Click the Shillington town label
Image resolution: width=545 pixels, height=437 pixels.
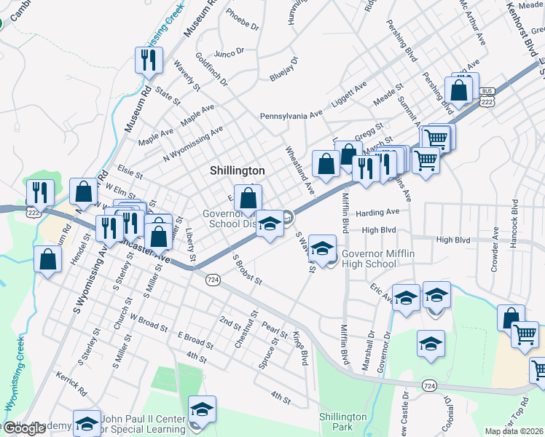pos(237,170)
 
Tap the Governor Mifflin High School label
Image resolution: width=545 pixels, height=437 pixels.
pos(369,259)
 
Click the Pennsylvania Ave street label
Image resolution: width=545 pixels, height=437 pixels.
pos(291,115)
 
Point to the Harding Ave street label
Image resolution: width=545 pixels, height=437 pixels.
pos(378,212)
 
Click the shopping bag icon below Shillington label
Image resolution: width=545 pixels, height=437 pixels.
pos(248,197)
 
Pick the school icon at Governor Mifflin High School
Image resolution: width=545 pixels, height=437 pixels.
pos(322,248)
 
